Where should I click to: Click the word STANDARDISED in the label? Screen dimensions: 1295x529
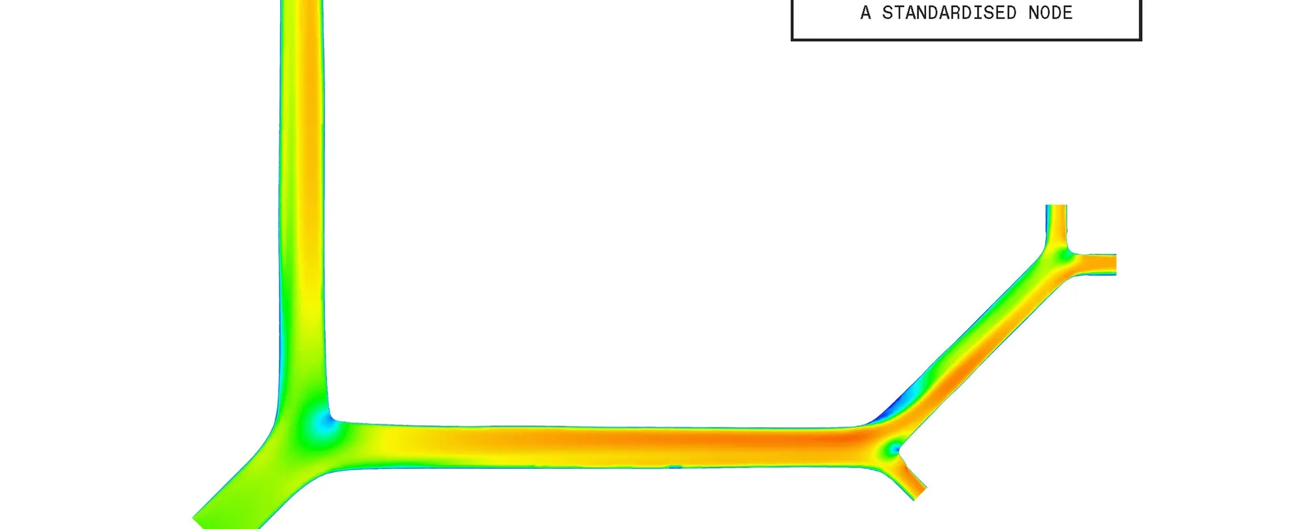pyautogui.click(x=949, y=13)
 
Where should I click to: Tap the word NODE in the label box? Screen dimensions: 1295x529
pyautogui.click(x=1050, y=13)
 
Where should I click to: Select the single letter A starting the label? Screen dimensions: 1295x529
pyautogui.click(x=866, y=13)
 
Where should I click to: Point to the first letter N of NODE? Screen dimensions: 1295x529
pyautogui.click(x=1033, y=13)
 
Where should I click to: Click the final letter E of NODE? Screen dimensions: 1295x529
pyautogui.click(x=1067, y=13)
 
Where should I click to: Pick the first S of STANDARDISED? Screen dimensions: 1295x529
pyautogui.click(x=888, y=13)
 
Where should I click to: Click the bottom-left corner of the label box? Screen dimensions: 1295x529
pyautogui.click(x=792, y=40)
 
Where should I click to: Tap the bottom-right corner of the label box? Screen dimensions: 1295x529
pyautogui.click(x=1141, y=40)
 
